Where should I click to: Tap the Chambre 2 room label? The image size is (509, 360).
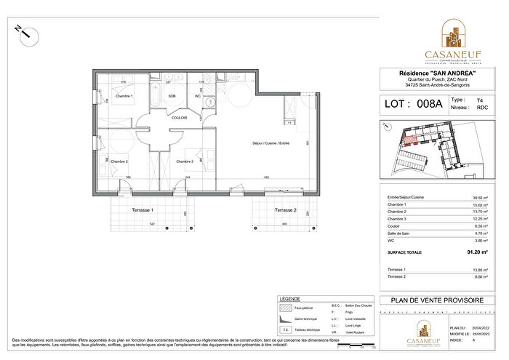pyautogui.click(x=119, y=161)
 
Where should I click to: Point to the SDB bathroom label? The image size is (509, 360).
pyautogui.click(x=172, y=95)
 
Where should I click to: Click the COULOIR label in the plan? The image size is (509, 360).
pyautogui.click(x=180, y=117)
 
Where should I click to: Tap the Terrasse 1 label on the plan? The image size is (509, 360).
pyautogui.click(x=142, y=209)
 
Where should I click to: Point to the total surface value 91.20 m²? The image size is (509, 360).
pyautogui.click(x=476, y=252)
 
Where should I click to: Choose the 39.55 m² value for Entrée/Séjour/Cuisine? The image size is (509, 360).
pyautogui.click(x=476, y=197)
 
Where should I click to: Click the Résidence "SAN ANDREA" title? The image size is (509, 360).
pyautogui.click(x=437, y=73)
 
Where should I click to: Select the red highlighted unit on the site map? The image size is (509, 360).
pyautogui.click(x=412, y=140)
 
